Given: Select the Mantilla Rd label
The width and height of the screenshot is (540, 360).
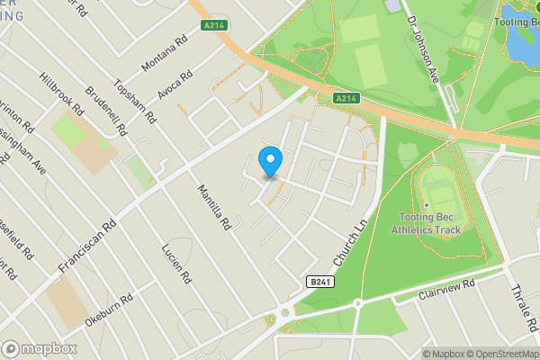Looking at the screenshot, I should click(x=215, y=205).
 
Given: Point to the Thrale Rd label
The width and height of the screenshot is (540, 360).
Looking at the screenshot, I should click(x=523, y=307).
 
